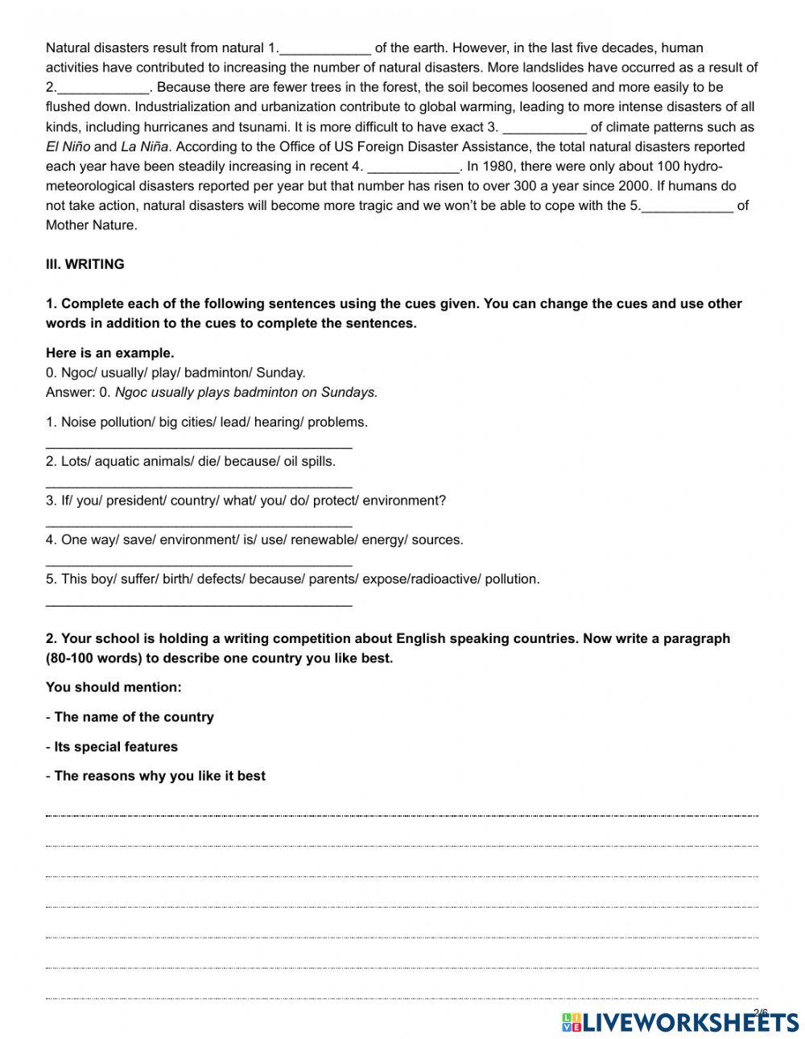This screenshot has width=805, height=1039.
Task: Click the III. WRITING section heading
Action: pyautogui.click(x=85, y=264)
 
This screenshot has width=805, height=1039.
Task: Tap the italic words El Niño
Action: pyautogui.click(x=68, y=146)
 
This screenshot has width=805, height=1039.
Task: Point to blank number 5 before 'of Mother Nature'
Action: pyautogui.click(x=687, y=206)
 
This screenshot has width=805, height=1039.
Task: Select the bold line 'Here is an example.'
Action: pyautogui.click(x=109, y=353)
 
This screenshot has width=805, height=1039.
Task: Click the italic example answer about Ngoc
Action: pyautogui.click(x=246, y=393)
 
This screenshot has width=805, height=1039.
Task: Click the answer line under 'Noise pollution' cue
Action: pyautogui.click(x=199, y=446)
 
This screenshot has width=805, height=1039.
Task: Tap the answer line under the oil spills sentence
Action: pyautogui.click(x=199, y=485)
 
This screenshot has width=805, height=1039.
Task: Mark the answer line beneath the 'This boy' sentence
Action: pyautogui.click(x=199, y=604)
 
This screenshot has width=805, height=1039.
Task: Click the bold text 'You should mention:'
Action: pyautogui.click(x=114, y=687)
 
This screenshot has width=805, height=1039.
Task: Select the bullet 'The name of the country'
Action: pyautogui.click(x=134, y=717)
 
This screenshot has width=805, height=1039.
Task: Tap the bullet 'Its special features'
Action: pyautogui.click(x=116, y=747)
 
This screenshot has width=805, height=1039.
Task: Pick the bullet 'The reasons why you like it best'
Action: pyautogui.click(x=159, y=777)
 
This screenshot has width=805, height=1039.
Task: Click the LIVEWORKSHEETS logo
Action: pyautogui.click(x=680, y=1022)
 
